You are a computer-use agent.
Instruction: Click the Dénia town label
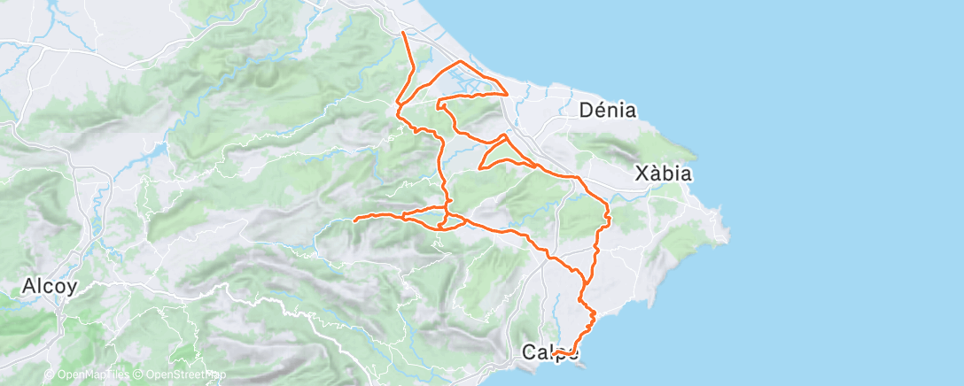[608, 111]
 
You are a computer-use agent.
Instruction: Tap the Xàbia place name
[663, 174]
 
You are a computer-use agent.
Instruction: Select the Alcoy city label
[50, 287]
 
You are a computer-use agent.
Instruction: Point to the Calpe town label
[549, 352]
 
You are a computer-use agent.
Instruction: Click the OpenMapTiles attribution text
[89, 374]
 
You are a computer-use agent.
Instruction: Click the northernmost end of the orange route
[403, 33]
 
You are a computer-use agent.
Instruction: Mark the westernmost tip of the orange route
[354, 220]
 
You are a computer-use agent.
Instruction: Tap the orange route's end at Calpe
[553, 353]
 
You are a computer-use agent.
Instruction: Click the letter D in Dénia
[586, 111]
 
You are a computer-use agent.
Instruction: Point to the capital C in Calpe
[528, 352]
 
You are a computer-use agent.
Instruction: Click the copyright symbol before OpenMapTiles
[49, 374]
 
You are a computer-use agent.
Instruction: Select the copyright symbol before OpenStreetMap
[138, 374]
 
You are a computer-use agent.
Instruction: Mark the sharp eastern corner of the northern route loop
[507, 92]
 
